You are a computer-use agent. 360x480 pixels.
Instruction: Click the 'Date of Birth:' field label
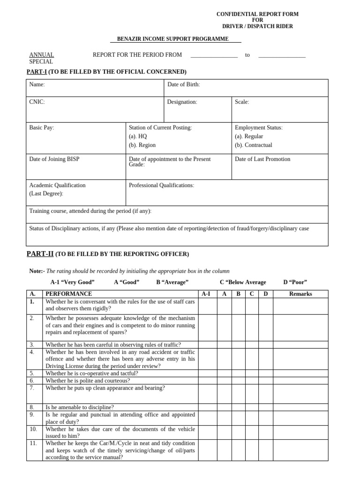184,84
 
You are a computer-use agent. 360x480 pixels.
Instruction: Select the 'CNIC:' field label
37,102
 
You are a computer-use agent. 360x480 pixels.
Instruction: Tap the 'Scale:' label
242,102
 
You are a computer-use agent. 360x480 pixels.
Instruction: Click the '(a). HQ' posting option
138,136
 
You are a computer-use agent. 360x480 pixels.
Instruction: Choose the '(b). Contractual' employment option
254,145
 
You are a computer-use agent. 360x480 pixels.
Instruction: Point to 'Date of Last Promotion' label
262,159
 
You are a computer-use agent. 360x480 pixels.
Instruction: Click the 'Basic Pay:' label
42,127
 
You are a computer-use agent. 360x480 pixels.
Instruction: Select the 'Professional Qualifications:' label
161,185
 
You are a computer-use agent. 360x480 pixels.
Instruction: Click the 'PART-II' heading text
40,254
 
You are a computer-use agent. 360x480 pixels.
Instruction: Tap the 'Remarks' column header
300,294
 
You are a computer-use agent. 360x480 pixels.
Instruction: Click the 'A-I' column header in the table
206,294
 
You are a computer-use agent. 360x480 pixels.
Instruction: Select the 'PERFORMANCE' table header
69,294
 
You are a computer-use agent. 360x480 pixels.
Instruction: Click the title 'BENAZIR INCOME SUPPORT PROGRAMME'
173,39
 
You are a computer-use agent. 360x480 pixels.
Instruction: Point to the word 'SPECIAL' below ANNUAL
41,61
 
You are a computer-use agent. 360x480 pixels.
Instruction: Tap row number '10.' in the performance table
33,429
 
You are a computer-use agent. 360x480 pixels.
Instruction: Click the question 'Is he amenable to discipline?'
80,407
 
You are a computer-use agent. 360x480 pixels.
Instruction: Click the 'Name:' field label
37,84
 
